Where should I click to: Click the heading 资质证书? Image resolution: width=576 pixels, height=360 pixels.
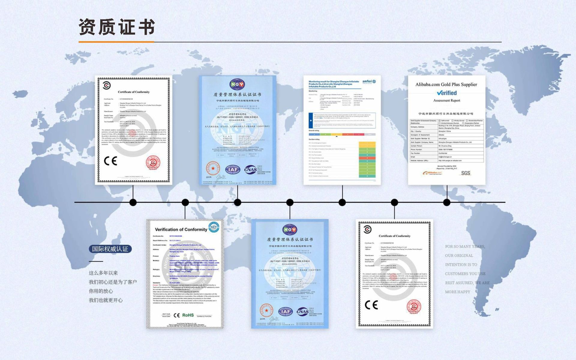click(117, 27)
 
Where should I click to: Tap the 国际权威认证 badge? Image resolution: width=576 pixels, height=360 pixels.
click(110, 249)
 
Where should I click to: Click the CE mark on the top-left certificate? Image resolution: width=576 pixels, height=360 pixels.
click(110, 161)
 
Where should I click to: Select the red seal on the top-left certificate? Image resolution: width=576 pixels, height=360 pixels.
click(153, 163)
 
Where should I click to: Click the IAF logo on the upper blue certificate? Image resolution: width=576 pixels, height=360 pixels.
click(233, 170)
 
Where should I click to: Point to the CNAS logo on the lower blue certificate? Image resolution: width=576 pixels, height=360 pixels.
click(302, 312)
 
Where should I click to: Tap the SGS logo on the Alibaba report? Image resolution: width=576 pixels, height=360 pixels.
click(466, 173)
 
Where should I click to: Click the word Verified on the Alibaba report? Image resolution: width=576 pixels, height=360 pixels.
click(447, 93)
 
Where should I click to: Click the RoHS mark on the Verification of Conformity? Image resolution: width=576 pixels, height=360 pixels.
click(188, 315)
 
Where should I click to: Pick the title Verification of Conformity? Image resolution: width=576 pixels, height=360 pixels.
click(181, 229)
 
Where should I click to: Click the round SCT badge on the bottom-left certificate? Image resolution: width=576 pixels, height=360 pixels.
click(214, 227)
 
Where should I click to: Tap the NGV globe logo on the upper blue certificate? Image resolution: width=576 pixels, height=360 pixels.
click(237, 85)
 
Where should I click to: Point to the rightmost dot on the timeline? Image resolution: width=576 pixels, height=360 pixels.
click(447, 202)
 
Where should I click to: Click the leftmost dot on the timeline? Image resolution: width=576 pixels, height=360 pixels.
click(133, 202)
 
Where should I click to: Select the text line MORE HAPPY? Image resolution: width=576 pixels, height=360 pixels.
click(457, 292)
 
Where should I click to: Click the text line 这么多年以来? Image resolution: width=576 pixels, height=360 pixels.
click(103, 273)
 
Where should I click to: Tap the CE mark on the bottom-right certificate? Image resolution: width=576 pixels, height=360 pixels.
click(371, 305)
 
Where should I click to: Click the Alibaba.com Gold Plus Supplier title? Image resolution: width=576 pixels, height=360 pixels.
click(446, 85)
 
